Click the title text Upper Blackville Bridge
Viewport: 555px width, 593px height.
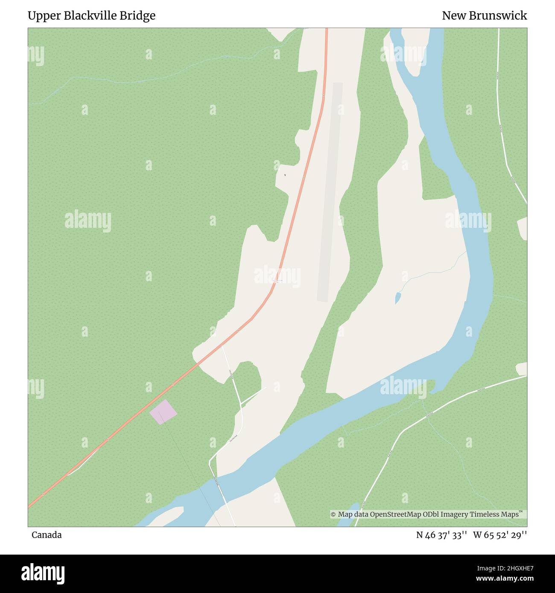coord(91,16)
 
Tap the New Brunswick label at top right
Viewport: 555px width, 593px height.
coord(484,16)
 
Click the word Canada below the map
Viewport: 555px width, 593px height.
coord(47,535)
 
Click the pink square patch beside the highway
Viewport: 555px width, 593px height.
coord(163,412)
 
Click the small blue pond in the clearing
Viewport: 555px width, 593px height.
coord(398,297)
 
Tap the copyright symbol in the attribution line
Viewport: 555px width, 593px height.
coord(333,515)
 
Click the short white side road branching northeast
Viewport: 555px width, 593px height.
coord(253,395)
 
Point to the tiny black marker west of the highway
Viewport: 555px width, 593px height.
coord(285,175)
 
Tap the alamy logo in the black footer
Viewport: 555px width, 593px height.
coord(43,573)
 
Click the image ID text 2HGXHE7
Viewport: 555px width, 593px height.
coord(512,568)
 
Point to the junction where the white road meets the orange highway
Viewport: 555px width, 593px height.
coord(222,345)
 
